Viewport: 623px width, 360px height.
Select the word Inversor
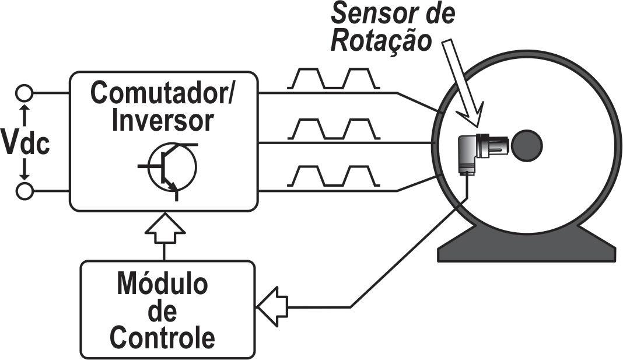(x=162, y=121)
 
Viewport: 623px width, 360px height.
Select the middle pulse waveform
(x=333, y=128)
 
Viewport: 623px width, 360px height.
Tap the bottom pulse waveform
(x=333, y=176)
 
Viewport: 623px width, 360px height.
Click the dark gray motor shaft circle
(x=526, y=145)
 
